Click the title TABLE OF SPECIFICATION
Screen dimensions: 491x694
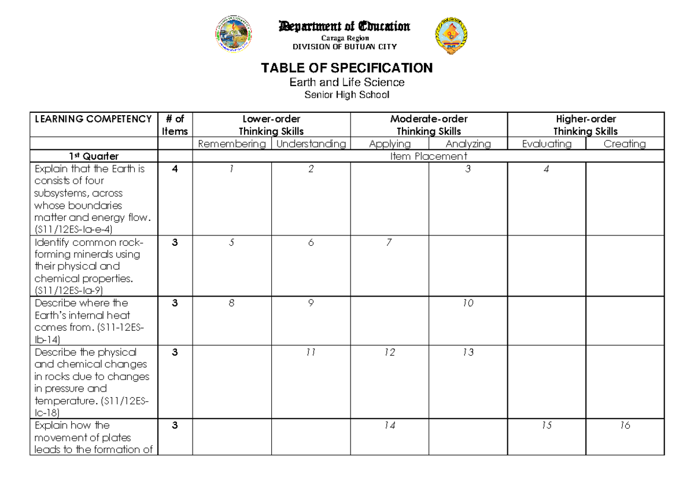pyautogui.click(x=346, y=68)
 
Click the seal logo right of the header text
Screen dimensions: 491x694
pyautogui.click(x=451, y=36)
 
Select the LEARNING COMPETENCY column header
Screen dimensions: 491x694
pyautogui.click(x=93, y=119)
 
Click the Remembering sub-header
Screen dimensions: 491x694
pyautogui.click(x=231, y=144)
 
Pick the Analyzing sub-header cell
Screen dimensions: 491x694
pyautogui.click(x=468, y=144)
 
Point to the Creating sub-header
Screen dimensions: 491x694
pyautogui.click(x=625, y=144)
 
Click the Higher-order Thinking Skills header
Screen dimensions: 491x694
pyautogui.click(x=585, y=125)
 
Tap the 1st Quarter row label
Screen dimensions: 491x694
pyautogui.click(x=93, y=156)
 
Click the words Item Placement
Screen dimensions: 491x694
pyautogui.click(x=429, y=156)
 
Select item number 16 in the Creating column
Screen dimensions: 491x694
pyautogui.click(x=624, y=426)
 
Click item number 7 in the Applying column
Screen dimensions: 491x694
pyautogui.click(x=389, y=243)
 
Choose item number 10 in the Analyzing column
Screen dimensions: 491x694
pyautogui.click(x=468, y=303)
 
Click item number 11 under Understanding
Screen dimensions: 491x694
pyautogui.click(x=311, y=352)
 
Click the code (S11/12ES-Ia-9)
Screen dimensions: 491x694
pyautogui.click(x=69, y=290)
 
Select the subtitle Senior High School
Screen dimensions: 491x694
pyautogui.click(x=346, y=95)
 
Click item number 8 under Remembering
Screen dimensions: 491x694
pyautogui.click(x=231, y=303)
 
